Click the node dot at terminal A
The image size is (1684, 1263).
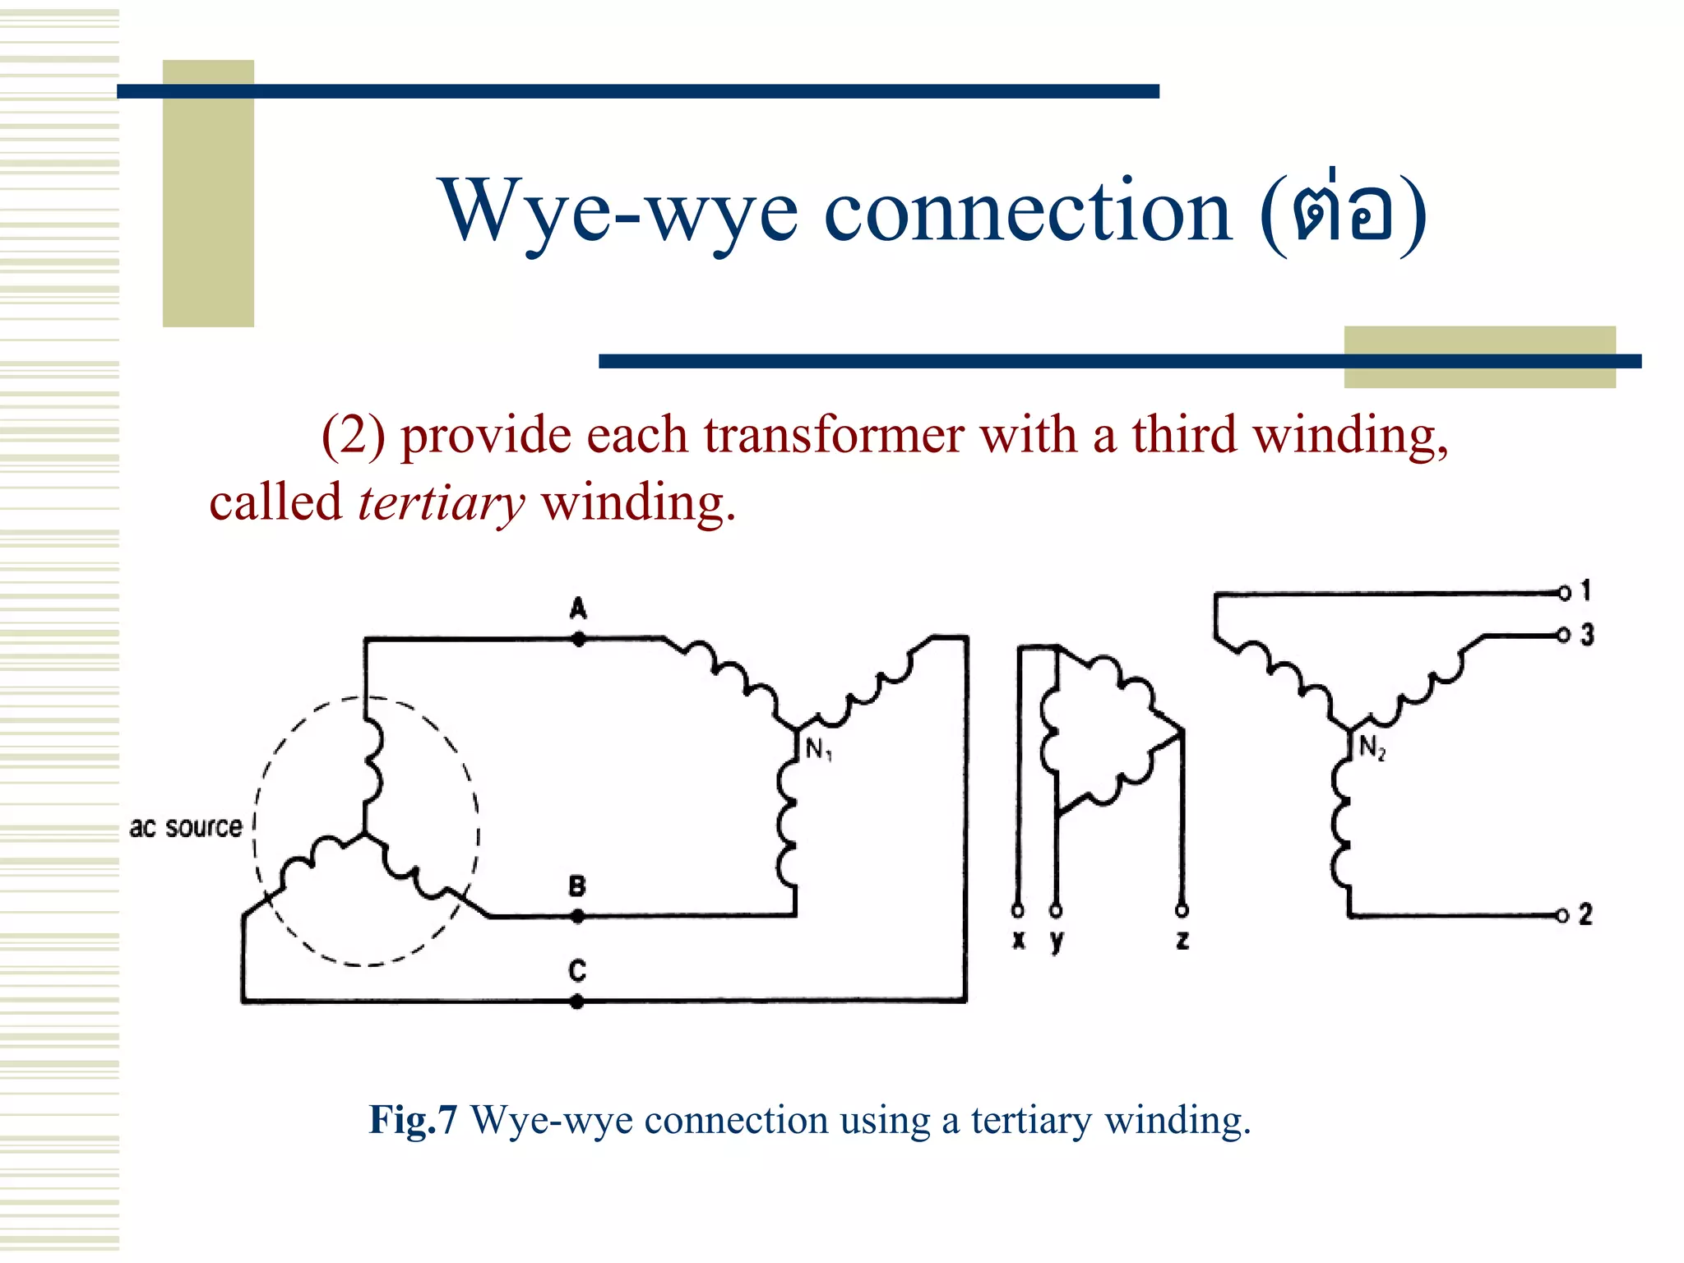[579, 639]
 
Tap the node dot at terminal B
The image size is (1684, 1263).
[578, 916]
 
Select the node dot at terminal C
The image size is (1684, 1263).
[577, 1002]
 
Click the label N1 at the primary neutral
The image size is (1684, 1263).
[818, 749]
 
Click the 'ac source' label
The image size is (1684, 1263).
[186, 826]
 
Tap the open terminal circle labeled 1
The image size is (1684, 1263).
[1564, 592]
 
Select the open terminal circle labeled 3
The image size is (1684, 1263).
[1564, 635]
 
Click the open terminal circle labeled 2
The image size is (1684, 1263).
[1562, 916]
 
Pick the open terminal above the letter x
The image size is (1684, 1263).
[1018, 910]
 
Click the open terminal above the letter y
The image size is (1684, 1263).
[1056, 910]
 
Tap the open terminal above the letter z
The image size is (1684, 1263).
[1182, 910]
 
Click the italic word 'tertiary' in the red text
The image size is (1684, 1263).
[441, 503]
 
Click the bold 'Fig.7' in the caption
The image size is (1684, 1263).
[413, 1120]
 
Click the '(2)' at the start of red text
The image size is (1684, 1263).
[353, 435]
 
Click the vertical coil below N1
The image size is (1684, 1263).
[789, 822]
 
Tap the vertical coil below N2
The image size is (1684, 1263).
[1341, 822]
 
